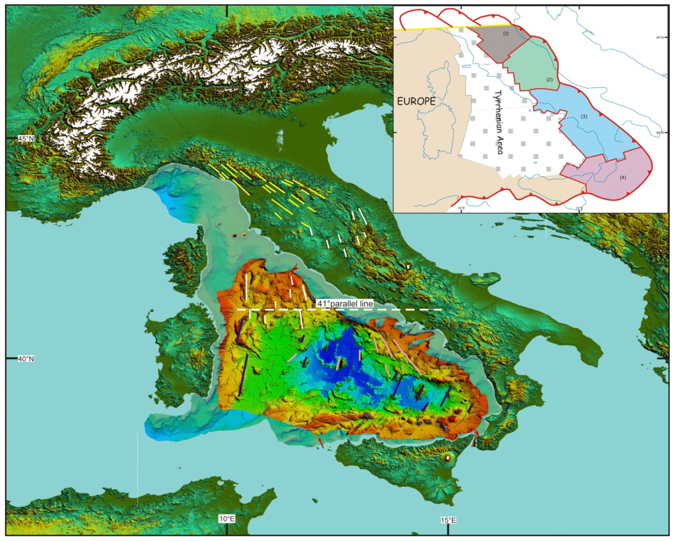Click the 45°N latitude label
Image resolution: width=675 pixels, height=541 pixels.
coord(26,138)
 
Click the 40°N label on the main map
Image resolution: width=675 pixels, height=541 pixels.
coord(26,359)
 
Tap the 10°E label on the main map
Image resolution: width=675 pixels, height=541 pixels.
coord(227,519)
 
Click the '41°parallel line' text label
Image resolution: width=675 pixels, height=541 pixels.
coord(345,304)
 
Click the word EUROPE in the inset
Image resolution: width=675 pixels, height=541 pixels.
coord(416,101)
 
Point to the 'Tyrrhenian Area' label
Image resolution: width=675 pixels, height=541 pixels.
coord(499,122)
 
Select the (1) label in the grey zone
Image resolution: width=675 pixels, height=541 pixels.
coord(505,33)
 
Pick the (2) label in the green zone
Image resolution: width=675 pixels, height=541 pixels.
coord(549,79)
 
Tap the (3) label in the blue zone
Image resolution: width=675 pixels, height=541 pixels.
coord(584,116)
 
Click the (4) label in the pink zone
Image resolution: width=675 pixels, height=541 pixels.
coord(623,177)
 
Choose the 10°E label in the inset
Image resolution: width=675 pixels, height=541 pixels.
coord(461,208)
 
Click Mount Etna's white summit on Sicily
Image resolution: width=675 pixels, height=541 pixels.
coord(449,458)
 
